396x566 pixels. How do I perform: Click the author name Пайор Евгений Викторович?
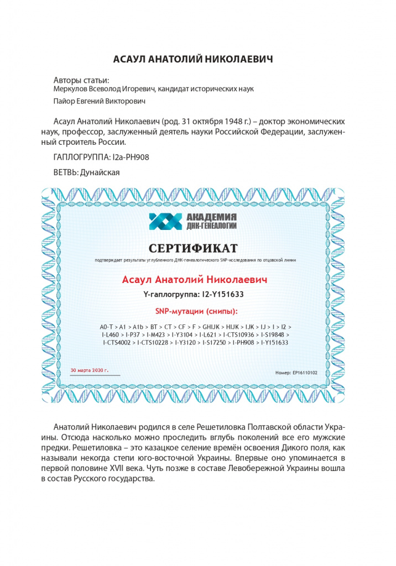pos(99,101)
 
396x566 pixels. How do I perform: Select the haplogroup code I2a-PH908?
pos(131,157)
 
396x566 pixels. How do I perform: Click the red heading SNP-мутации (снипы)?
pos(192,311)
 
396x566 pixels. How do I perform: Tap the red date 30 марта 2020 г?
pos(90,369)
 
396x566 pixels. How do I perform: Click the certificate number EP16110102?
pos(304,373)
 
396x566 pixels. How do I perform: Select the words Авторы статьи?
pos(81,79)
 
